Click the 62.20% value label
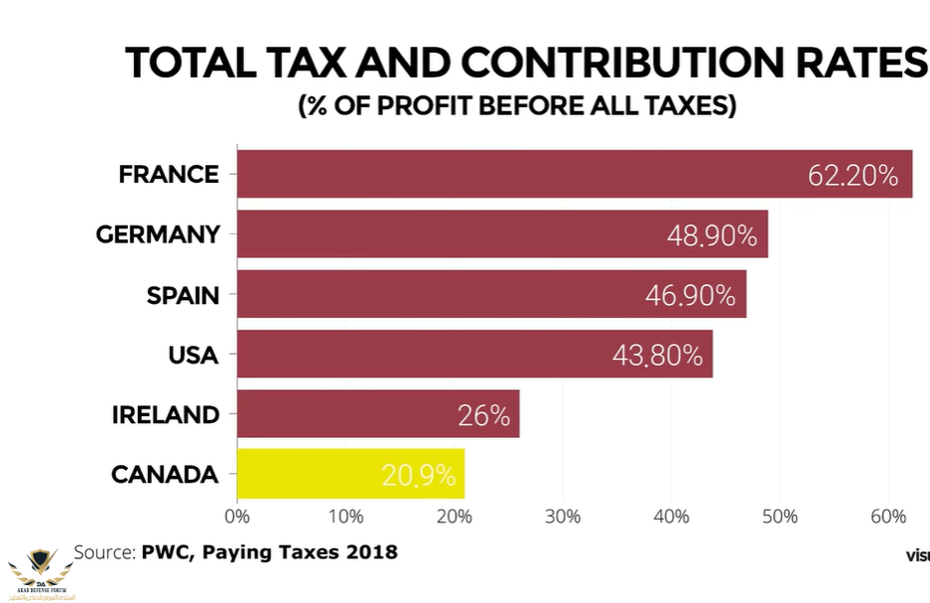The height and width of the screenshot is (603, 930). click(x=853, y=177)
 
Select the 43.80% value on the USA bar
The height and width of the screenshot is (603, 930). click(x=657, y=356)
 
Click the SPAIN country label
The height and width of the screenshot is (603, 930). click(x=183, y=295)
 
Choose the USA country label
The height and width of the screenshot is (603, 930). click(x=194, y=355)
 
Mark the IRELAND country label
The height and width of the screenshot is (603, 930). click(x=165, y=414)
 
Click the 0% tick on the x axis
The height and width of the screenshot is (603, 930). click(x=237, y=516)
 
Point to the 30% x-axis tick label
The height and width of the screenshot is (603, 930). click(x=563, y=516)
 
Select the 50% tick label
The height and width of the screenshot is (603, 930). click(x=780, y=516)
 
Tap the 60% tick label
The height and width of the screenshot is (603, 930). click(x=888, y=516)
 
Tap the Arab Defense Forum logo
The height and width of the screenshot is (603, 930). click(x=41, y=573)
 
